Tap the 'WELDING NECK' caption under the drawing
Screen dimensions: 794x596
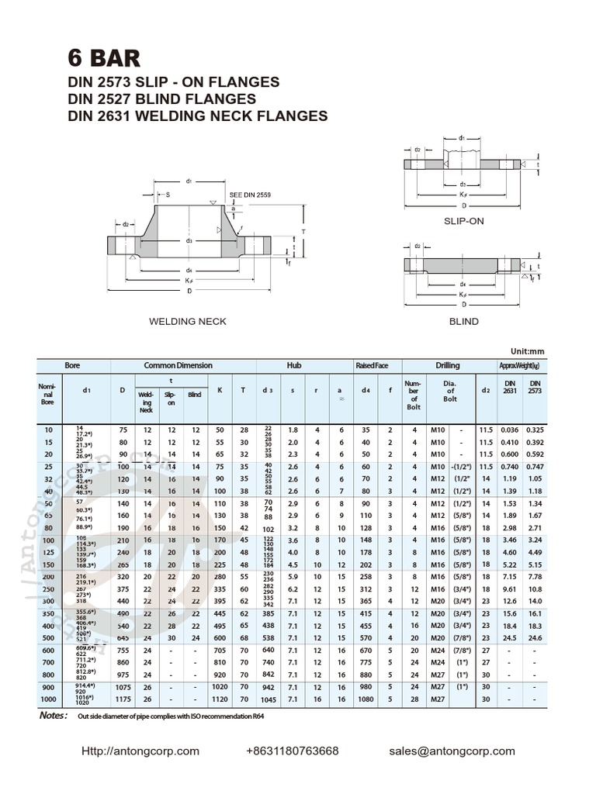tap(188, 321)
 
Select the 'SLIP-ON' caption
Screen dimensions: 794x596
tap(463, 221)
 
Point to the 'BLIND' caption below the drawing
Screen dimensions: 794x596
tap(463, 321)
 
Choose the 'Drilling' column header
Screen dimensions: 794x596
tap(447, 365)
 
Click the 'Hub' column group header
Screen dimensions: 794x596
tap(294, 365)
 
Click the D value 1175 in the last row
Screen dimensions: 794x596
tap(122, 700)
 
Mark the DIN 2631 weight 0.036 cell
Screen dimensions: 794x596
tap(510, 429)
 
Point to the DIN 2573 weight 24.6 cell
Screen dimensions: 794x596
tap(535, 638)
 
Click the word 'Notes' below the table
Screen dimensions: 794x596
tap(54, 715)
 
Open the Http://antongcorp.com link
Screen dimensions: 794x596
tap(140, 751)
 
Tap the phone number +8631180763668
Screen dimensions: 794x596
tap(292, 751)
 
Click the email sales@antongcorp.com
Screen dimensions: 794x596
tap(452, 751)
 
